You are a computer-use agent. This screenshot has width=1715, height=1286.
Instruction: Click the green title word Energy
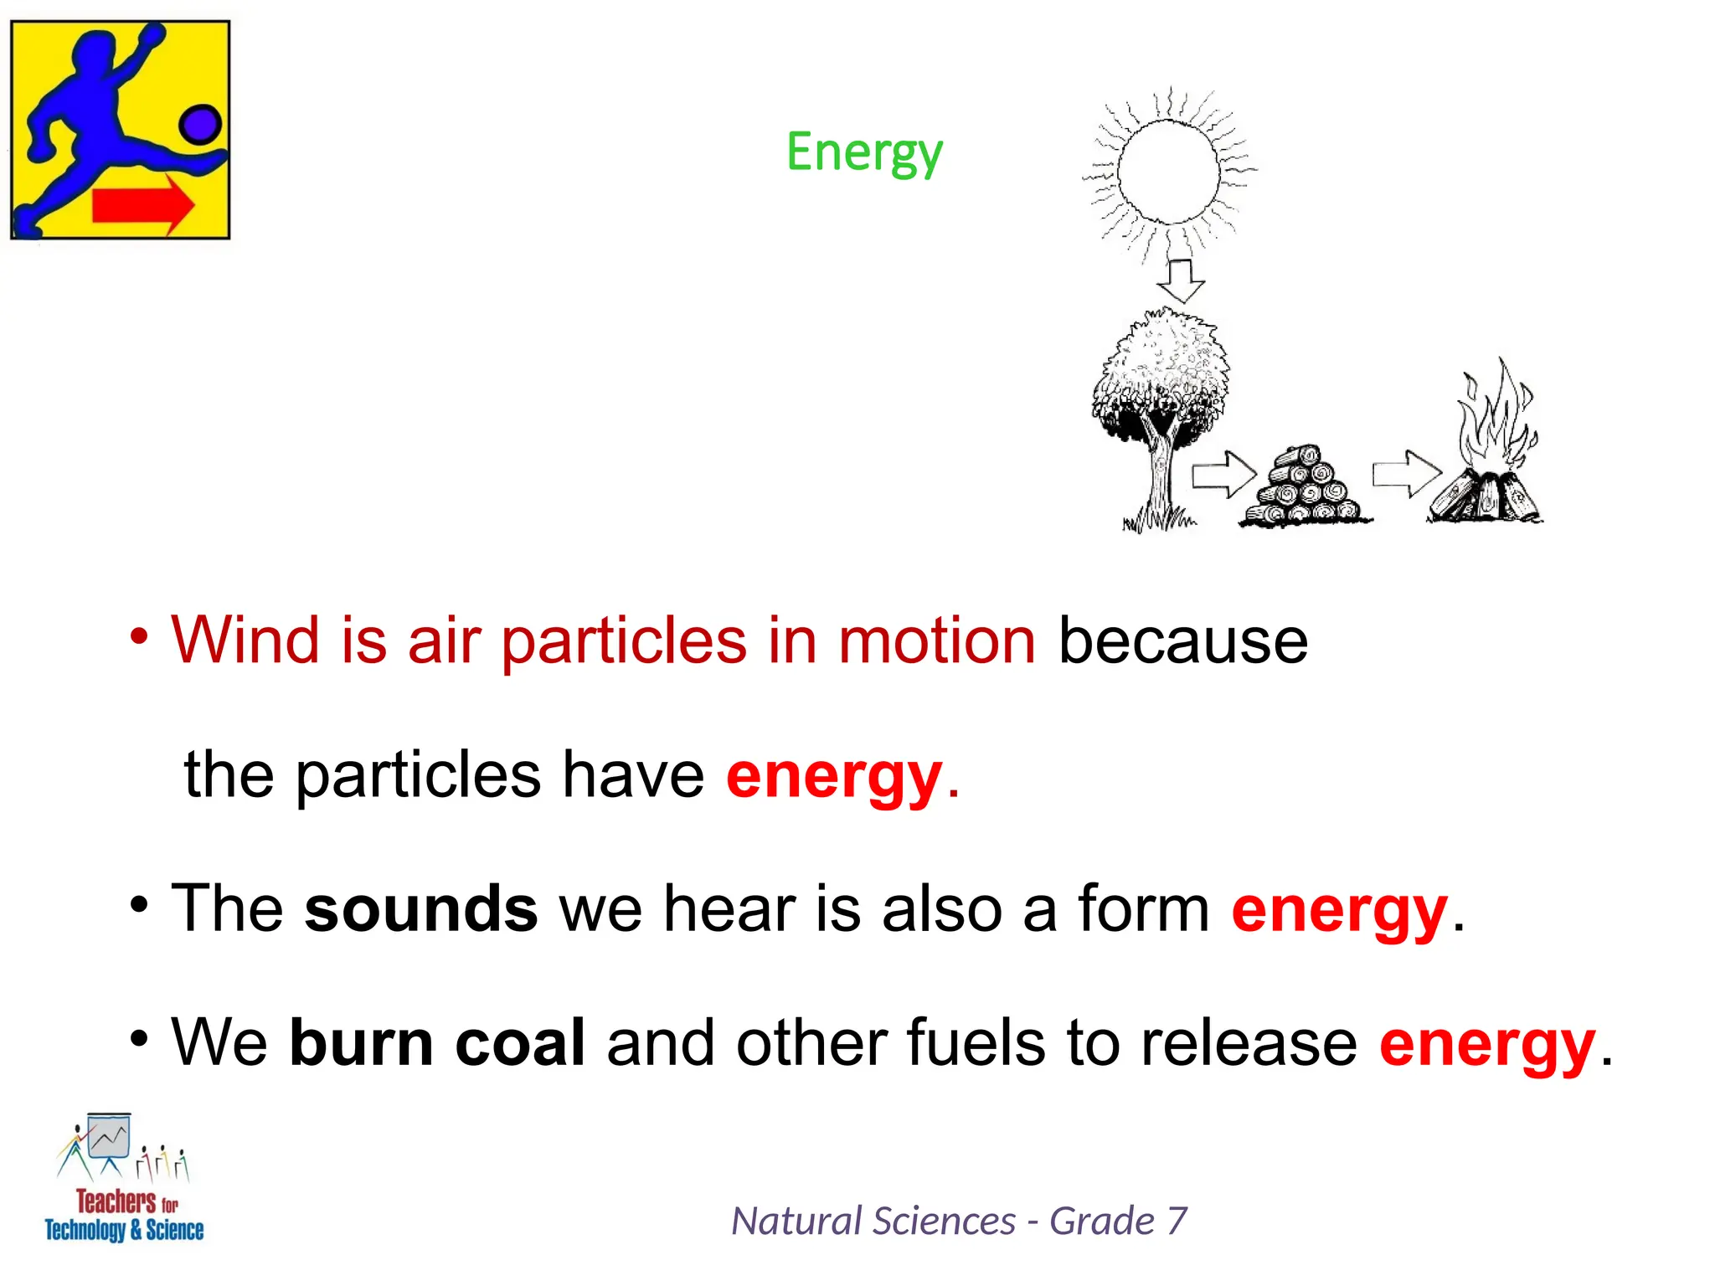(864, 153)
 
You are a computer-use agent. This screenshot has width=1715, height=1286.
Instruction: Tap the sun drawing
(1168, 171)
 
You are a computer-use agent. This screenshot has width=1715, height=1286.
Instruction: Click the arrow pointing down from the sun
(1181, 280)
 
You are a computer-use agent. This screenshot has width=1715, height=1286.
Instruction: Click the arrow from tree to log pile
(1223, 475)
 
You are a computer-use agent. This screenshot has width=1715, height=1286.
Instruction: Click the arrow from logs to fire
(1406, 474)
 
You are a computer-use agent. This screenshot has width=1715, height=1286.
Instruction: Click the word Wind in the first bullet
(245, 640)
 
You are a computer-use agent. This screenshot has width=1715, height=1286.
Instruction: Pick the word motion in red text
(937, 640)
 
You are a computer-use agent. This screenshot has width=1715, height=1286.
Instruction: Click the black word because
(1182, 640)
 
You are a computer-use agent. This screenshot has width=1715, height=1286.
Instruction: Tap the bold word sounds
(420, 908)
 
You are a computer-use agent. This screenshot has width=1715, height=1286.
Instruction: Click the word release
(1249, 1042)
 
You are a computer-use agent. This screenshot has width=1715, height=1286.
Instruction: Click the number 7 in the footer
(1177, 1221)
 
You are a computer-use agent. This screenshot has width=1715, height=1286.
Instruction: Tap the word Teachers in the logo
(116, 1201)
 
